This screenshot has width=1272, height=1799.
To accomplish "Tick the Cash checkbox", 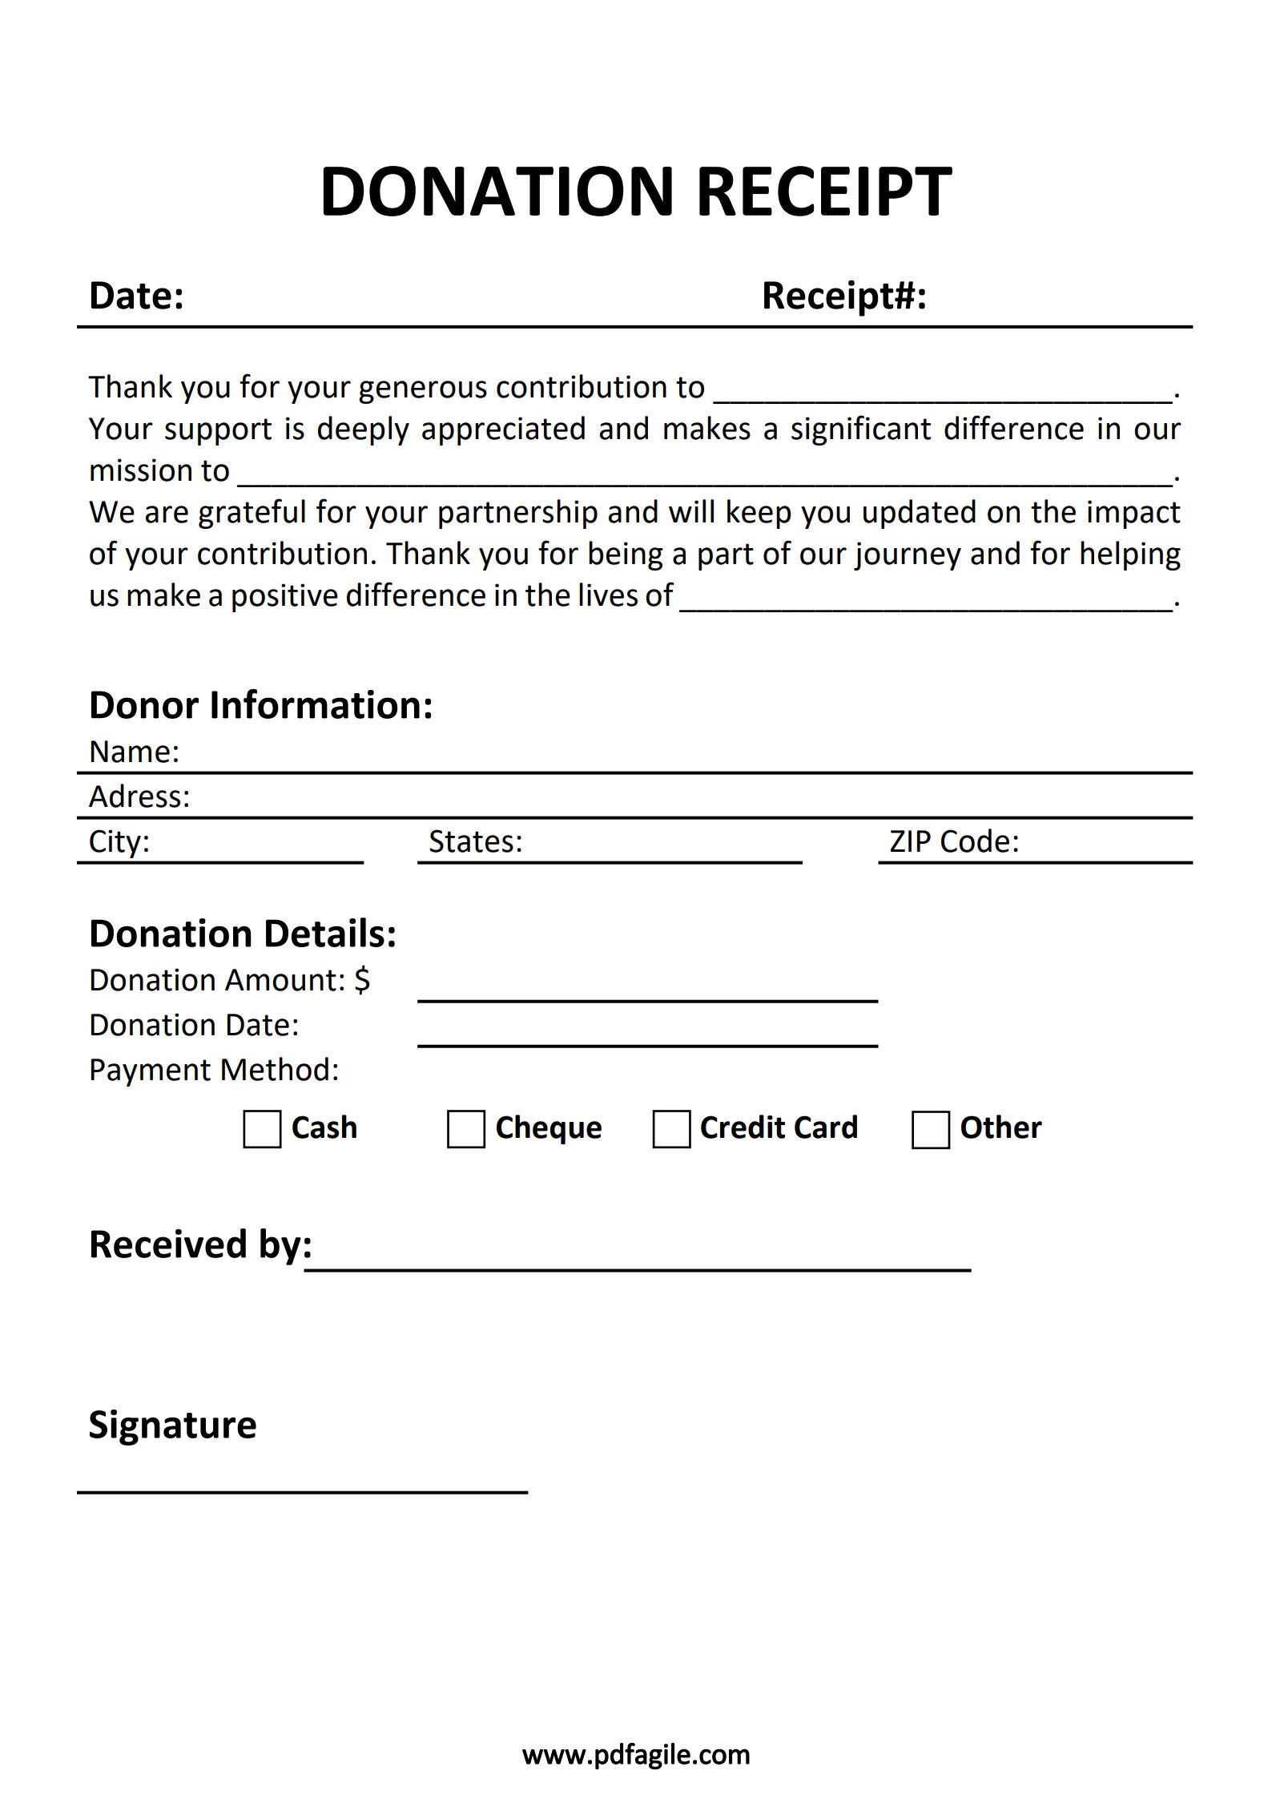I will tap(262, 1129).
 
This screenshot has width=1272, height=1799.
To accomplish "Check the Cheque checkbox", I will tap(466, 1129).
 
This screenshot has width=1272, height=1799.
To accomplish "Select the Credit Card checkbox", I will tap(671, 1129).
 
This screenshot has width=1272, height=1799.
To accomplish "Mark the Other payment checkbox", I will tap(931, 1129).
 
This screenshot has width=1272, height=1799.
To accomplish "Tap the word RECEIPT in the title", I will tap(824, 192).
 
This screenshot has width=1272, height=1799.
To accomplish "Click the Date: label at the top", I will tap(136, 296).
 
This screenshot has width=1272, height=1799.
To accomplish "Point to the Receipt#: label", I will tap(843, 296).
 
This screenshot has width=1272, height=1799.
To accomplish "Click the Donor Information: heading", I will tap(260, 705).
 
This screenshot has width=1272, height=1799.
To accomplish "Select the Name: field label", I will tap(134, 752).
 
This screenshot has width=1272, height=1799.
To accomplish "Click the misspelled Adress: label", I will tap(139, 797).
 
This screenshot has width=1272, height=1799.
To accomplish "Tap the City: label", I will tap(119, 841).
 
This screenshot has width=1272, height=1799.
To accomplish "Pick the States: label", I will tap(475, 841).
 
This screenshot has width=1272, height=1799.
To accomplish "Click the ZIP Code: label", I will tap(954, 841).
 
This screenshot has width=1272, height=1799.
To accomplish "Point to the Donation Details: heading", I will tap(243, 934).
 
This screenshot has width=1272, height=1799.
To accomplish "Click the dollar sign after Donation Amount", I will tap(362, 980).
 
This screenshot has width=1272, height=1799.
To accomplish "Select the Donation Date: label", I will tap(194, 1025).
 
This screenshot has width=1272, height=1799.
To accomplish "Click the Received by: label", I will tap(200, 1244).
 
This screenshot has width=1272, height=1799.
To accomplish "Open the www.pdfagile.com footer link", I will tap(636, 1754).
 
